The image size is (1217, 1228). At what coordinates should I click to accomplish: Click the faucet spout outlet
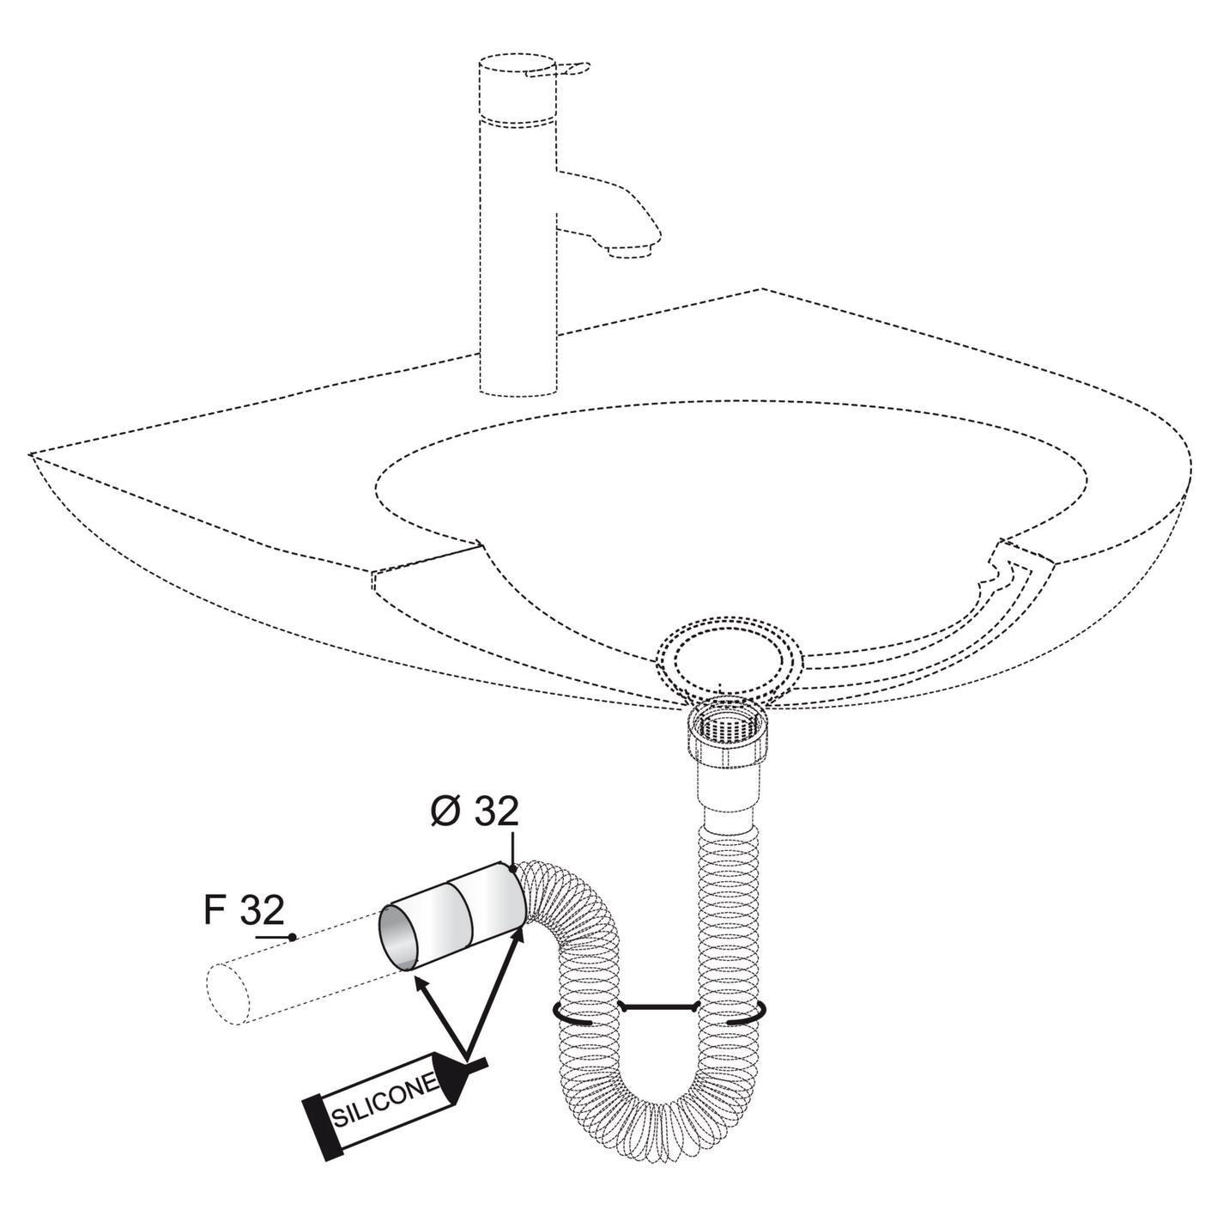630,251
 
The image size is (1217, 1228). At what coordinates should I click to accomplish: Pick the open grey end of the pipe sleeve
398,946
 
